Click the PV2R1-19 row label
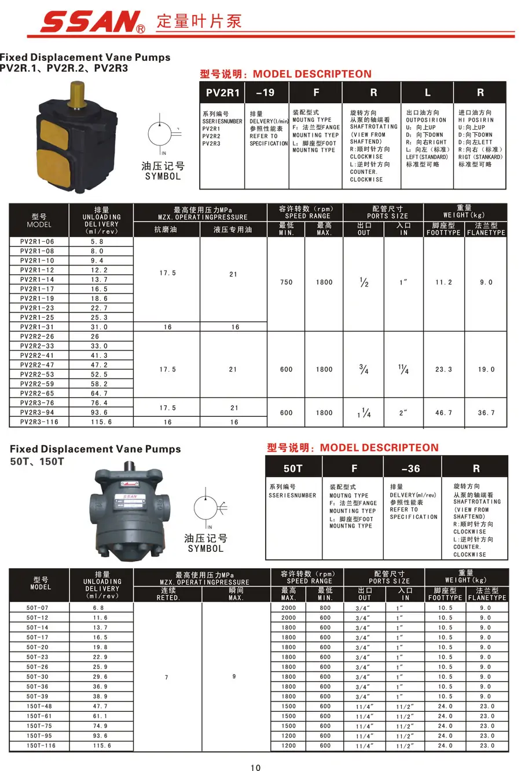[37, 299]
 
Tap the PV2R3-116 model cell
[39, 422]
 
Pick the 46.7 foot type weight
[443, 413]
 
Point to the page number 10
[255, 768]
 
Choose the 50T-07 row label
[38, 608]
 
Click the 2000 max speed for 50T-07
[288, 608]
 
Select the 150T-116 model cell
[41, 745]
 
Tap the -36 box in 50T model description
[411, 468]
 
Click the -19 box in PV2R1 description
[265, 93]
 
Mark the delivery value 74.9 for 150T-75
[100, 726]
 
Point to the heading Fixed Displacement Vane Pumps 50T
[96, 449]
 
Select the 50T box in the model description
[293, 468]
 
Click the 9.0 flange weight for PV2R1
[486, 282]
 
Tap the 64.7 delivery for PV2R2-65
[99, 394]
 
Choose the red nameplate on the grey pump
[129, 497]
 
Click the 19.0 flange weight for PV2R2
[486, 369]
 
